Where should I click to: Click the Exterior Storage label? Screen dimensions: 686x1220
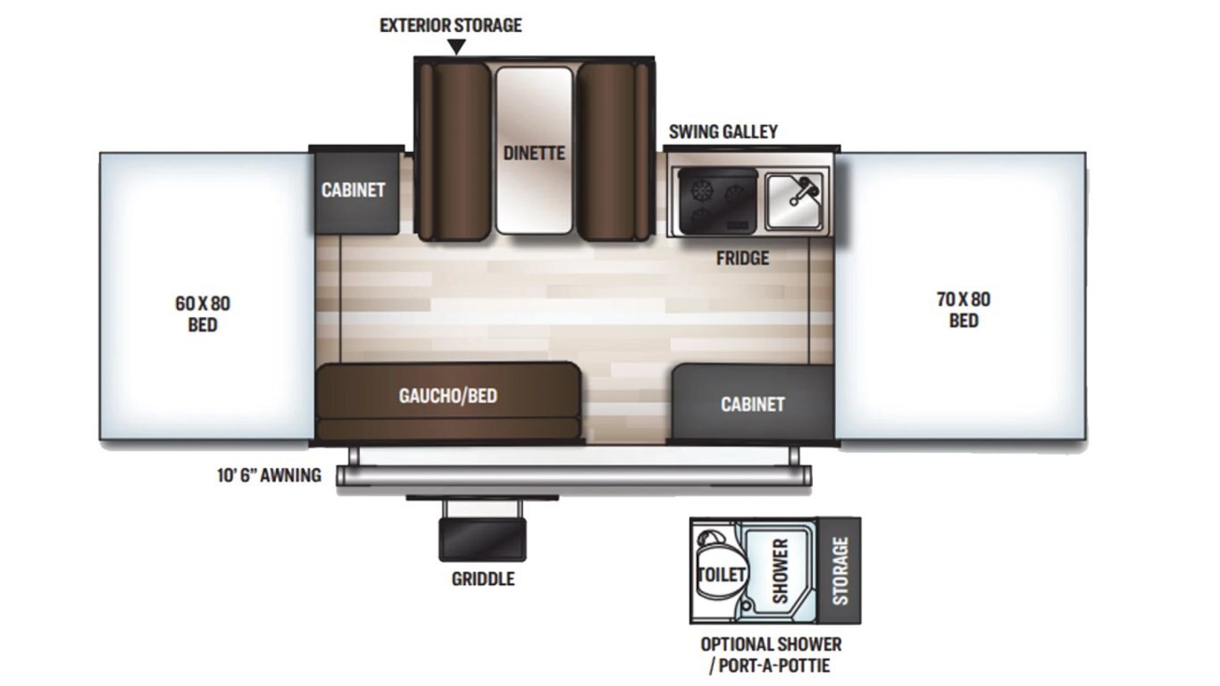(450, 25)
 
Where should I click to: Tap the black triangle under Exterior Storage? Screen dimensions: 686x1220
(456, 47)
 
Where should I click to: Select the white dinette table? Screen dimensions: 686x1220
(533, 149)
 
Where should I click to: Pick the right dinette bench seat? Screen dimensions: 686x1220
(612, 149)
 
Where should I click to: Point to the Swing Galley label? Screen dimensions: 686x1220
(723, 131)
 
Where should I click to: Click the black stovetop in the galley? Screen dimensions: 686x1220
(717, 200)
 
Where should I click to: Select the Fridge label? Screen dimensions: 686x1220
(742, 258)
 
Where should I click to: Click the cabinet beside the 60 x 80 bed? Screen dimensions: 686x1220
(354, 190)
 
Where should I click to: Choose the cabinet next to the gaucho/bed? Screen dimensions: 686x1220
(753, 404)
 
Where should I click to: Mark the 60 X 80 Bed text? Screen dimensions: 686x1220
(203, 314)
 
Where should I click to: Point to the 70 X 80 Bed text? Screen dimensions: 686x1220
(963, 310)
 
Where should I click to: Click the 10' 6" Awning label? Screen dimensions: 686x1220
(269, 475)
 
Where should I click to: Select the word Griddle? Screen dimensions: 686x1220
(482, 579)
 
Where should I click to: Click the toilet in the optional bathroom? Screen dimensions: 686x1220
(719, 572)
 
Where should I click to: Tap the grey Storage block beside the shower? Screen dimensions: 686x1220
(840, 570)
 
